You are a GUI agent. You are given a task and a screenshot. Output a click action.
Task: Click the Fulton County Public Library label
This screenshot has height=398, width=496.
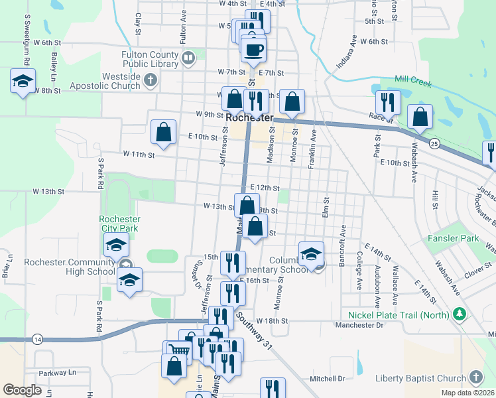point(151,59)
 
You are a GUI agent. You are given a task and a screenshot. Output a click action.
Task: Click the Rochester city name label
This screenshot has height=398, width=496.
point(249,117)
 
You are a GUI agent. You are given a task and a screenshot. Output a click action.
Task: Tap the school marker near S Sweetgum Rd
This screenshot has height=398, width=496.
point(23,82)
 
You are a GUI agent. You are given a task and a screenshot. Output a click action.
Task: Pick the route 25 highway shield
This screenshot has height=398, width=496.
point(434,143)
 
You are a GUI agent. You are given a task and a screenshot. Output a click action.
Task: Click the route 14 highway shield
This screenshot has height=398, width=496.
point(37,340)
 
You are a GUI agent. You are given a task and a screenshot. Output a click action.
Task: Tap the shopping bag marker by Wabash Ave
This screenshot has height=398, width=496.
point(420,117)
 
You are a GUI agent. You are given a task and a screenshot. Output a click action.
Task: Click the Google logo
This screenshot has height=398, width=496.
point(23,390)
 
